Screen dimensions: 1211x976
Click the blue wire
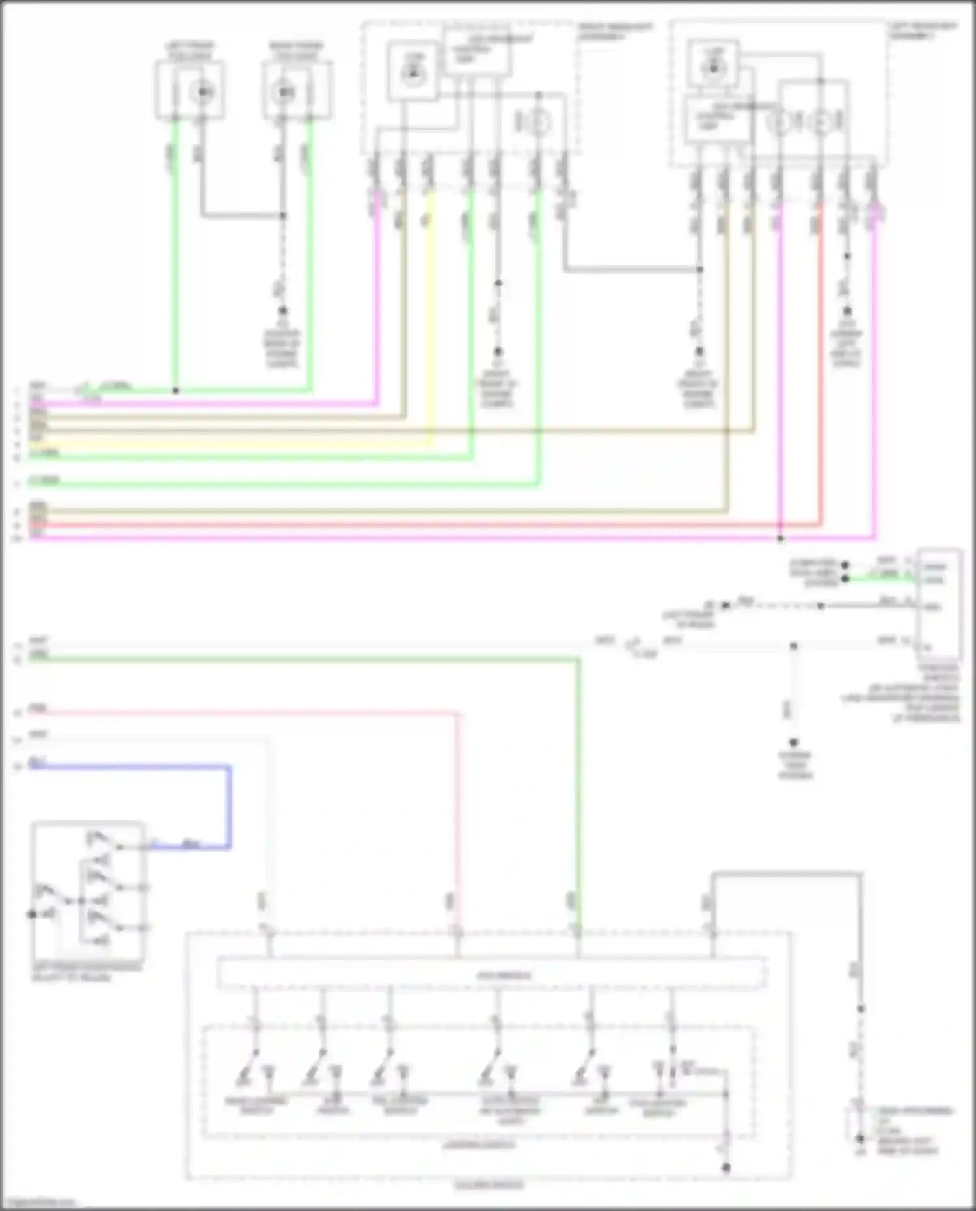click(x=130, y=767)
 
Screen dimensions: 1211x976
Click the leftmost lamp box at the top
click(x=190, y=90)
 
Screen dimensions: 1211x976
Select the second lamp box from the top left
click(x=297, y=90)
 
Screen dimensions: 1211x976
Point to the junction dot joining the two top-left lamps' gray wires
click(x=282, y=215)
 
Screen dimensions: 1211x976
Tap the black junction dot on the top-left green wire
click(x=176, y=390)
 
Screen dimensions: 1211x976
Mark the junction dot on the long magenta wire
click(x=780, y=539)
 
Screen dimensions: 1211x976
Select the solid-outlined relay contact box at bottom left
click(x=88, y=891)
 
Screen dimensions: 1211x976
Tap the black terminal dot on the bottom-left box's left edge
click(x=31, y=914)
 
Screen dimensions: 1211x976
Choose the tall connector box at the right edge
click(x=937, y=603)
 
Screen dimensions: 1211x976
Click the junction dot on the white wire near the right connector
click(x=793, y=646)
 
